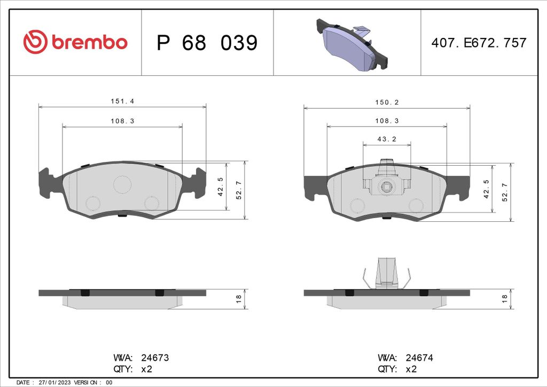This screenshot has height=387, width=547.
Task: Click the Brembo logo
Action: (75, 42)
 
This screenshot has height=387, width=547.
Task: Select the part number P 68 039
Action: (207, 43)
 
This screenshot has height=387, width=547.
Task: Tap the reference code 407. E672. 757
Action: (479, 43)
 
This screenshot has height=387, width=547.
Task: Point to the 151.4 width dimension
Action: (122, 101)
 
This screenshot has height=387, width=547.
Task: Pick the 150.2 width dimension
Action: (387, 102)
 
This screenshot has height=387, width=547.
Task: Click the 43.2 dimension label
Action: (387, 138)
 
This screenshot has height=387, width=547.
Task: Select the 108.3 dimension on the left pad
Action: (122, 121)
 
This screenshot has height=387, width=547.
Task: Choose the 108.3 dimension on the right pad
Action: (387, 121)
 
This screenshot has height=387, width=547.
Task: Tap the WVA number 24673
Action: (154, 358)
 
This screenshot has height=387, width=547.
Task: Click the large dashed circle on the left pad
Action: (122, 184)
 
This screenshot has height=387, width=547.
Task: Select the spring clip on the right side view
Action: (387, 273)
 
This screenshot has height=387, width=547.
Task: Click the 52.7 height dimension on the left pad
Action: (239, 190)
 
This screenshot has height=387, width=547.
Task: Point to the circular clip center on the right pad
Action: (387, 187)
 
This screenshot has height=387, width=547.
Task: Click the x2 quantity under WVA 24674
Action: (412, 369)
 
